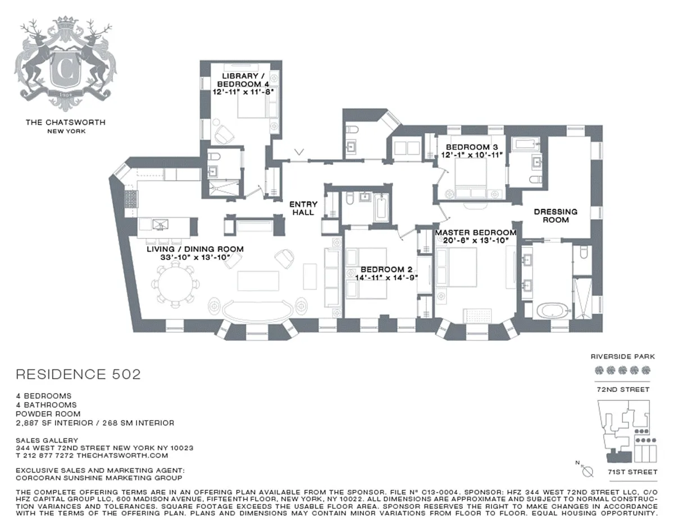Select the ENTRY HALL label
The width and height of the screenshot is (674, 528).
pyautogui.click(x=303, y=208)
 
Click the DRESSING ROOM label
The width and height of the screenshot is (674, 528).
pyautogui.click(x=556, y=216)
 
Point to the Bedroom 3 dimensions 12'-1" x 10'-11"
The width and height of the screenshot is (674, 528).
pyautogui.click(x=472, y=155)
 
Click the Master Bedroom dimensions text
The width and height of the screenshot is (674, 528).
pyautogui.click(x=476, y=240)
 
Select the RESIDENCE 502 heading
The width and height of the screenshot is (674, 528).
pyautogui.click(x=79, y=374)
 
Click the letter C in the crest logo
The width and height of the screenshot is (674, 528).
pyautogui.click(x=66, y=70)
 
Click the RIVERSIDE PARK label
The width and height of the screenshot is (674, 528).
pyautogui.click(x=622, y=356)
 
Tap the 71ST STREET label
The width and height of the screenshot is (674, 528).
pyautogui.click(x=632, y=472)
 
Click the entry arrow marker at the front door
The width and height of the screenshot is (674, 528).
pyautogui.click(x=299, y=152)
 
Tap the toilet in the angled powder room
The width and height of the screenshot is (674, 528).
pyautogui.click(x=352, y=129)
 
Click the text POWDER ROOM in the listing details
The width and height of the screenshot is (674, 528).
pyautogui.click(x=48, y=414)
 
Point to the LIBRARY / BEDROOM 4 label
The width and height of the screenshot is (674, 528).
pyautogui.click(x=243, y=80)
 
